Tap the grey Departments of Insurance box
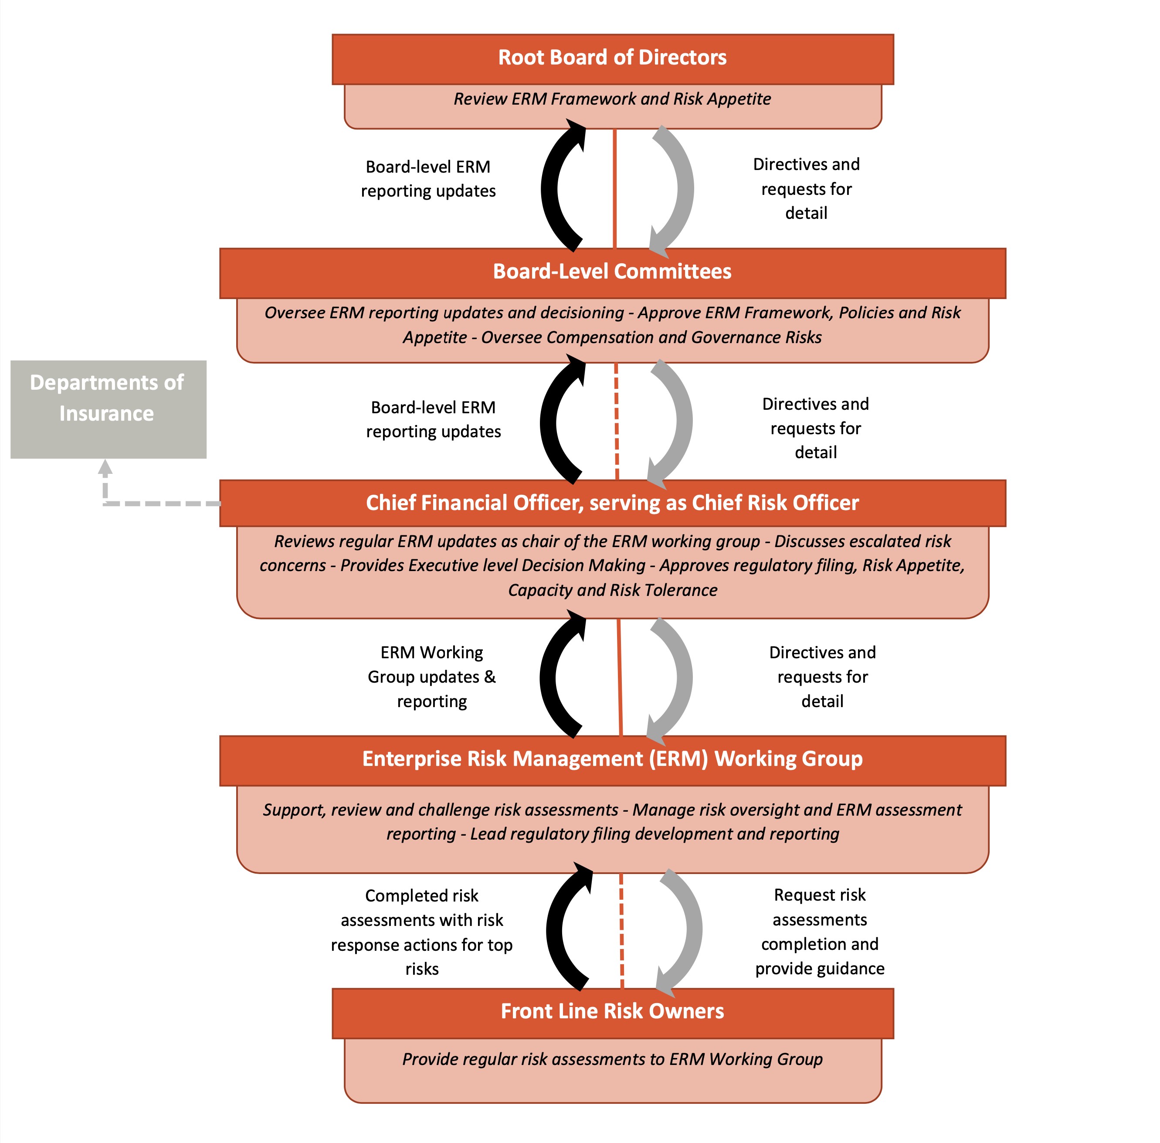(x=108, y=409)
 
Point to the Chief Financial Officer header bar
(x=612, y=503)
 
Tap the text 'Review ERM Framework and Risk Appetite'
(x=612, y=99)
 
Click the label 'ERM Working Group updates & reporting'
(x=431, y=677)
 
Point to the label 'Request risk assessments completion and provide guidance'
(x=820, y=932)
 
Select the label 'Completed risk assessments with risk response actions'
(x=422, y=932)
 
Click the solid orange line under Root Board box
(x=614, y=188)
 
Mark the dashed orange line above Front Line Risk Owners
(x=622, y=931)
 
